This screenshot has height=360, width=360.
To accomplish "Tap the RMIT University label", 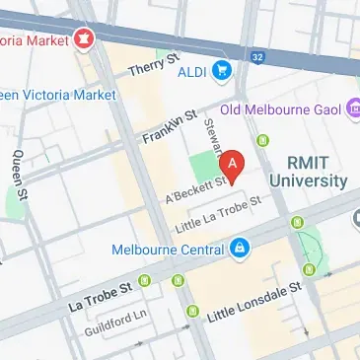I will [x=316, y=171].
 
